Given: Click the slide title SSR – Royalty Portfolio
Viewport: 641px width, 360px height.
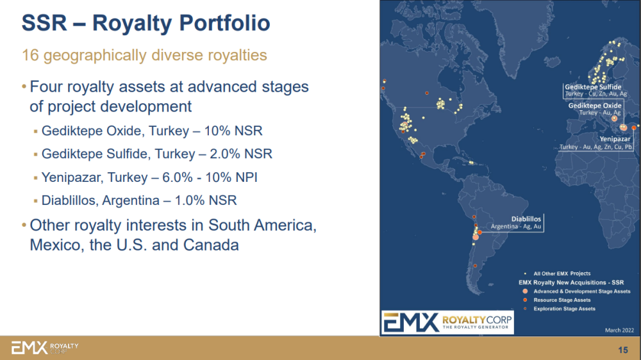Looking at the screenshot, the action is [x=146, y=23].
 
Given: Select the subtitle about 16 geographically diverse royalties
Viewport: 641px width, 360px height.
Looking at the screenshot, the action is [x=144, y=55].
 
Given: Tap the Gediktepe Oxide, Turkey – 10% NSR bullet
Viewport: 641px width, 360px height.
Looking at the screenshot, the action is [x=152, y=131].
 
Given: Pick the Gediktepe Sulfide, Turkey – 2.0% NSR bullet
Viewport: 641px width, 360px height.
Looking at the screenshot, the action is [x=156, y=154].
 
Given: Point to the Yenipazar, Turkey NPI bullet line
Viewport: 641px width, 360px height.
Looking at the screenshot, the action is [x=149, y=177].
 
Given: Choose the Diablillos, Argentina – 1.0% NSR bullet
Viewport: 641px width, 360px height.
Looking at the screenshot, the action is [x=139, y=200].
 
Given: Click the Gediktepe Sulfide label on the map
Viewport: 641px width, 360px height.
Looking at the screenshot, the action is [x=593, y=87].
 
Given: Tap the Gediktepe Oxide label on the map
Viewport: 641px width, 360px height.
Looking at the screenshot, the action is [x=595, y=106].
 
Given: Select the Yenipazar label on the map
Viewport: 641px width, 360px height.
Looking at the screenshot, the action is [x=615, y=139].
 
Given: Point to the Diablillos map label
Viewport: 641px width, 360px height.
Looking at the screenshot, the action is [x=526, y=219].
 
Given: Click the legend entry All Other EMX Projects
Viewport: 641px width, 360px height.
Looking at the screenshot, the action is [x=562, y=274].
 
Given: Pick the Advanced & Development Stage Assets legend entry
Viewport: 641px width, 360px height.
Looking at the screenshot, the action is [x=582, y=291].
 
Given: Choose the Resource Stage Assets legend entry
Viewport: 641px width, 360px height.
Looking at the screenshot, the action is [x=562, y=300].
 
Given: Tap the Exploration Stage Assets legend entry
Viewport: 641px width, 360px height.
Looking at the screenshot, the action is [x=564, y=309].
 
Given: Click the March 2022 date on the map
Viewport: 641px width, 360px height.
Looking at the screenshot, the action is [x=619, y=330].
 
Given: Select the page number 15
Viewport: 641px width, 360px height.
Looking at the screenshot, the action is [x=623, y=350].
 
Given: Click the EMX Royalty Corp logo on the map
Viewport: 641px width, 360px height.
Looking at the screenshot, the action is [x=447, y=322].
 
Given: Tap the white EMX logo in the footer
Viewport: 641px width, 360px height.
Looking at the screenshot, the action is [x=45, y=348].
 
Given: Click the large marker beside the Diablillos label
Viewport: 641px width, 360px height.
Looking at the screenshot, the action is [x=476, y=237].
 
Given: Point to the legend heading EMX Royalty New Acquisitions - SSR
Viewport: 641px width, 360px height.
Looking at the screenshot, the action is [x=571, y=282].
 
